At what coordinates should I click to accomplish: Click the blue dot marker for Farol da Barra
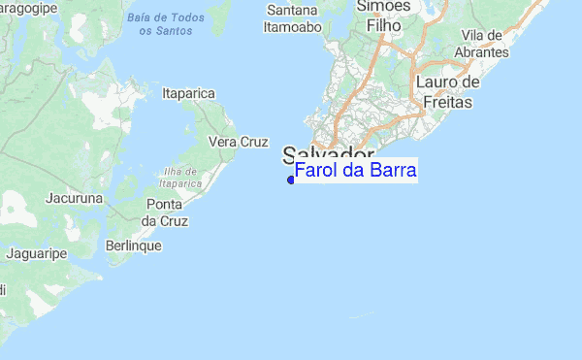291,180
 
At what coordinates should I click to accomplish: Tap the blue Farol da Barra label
355,172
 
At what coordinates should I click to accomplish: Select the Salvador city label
329,154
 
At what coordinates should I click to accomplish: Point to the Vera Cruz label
239,142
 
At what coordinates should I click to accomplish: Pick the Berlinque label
133,245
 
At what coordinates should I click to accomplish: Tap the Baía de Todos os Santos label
163,24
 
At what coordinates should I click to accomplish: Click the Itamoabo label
292,27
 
